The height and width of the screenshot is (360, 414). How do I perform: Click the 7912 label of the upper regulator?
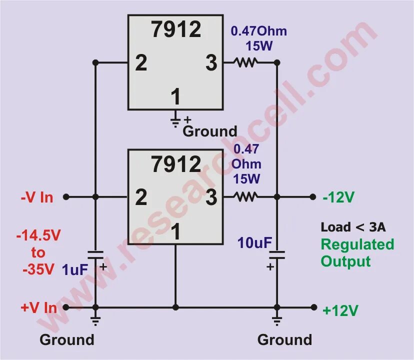click(176, 30)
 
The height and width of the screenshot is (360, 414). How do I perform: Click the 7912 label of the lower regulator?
click(176, 164)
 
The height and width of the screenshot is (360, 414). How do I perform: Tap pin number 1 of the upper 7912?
click(175, 96)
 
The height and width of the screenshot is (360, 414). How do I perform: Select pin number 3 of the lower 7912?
click(211, 197)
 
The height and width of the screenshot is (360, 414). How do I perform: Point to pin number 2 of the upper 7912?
click(141, 63)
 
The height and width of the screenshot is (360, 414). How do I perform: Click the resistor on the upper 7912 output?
click(245, 62)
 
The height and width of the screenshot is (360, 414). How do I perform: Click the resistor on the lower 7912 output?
click(245, 196)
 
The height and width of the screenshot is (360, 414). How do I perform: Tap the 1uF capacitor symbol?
click(95, 255)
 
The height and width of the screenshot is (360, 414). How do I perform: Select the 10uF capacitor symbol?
click(277, 255)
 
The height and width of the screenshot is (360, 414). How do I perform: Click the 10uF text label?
click(254, 243)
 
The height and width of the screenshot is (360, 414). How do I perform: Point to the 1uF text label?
click(75, 270)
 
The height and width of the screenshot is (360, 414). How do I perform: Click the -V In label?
click(36, 197)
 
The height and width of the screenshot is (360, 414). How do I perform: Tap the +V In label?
click(38, 307)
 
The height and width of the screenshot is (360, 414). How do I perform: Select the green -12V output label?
click(338, 197)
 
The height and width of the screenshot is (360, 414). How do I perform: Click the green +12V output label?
click(340, 310)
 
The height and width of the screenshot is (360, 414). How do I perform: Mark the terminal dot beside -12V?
click(313, 196)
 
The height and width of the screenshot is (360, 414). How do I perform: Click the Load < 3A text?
click(353, 227)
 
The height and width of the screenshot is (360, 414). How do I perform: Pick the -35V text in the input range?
click(38, 269)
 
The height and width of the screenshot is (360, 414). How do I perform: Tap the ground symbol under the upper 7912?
click(175, 120)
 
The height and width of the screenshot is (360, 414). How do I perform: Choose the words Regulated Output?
click(357, 252)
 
